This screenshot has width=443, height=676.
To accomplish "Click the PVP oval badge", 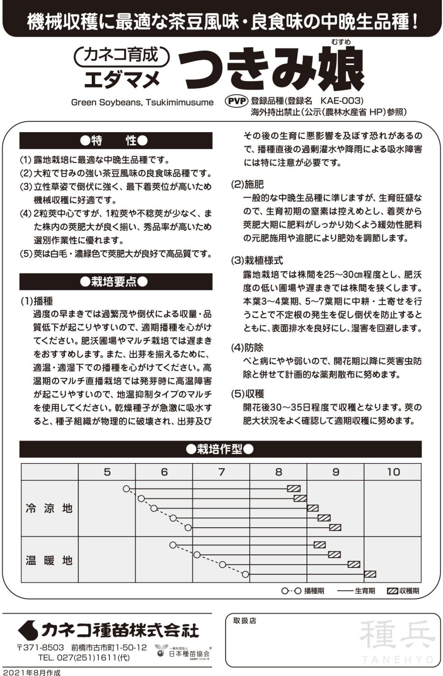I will point(237,101).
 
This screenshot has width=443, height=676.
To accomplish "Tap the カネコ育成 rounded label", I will point(121,55).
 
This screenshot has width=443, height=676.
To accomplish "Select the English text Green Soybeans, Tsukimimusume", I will point(142,102).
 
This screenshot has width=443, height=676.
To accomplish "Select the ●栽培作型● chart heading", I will point(220,449).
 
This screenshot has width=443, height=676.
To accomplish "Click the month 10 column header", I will point(393,472).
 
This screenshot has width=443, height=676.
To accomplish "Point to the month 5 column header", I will point(107,472).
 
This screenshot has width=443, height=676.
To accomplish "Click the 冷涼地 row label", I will point(49,508).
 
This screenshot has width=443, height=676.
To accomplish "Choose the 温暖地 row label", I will point(49,561).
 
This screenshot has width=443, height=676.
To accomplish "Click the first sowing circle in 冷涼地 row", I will point(126,489).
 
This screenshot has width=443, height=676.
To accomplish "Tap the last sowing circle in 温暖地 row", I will point(246,574).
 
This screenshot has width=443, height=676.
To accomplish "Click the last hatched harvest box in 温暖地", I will point(370,574).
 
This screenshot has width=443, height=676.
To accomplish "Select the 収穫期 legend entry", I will point(403,591).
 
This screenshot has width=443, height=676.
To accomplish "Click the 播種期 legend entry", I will point(303,591).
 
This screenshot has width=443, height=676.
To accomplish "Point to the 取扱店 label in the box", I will point(245,621).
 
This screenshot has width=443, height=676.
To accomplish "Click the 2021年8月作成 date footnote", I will point(32,672).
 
